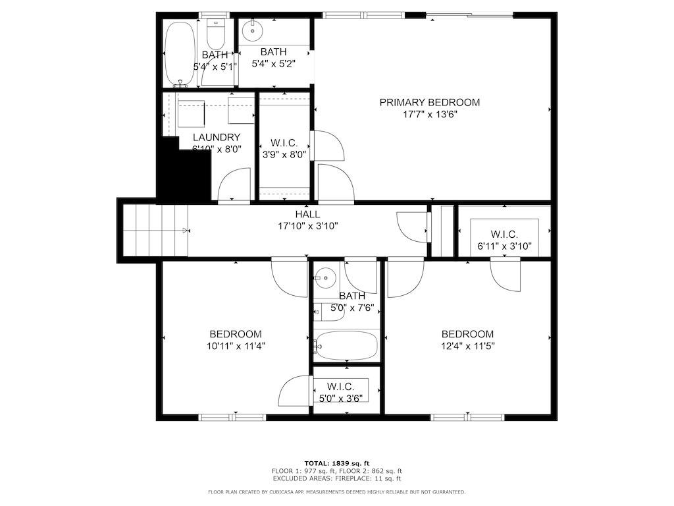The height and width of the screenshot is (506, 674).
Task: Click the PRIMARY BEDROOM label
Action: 429,102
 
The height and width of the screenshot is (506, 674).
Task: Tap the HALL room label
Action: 307,214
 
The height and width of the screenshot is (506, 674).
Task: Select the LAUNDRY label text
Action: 216,137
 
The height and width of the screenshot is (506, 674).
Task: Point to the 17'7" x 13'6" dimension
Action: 429,115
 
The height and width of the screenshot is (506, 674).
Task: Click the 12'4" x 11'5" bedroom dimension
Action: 468,345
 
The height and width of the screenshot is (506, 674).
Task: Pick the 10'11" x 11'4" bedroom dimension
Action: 236,345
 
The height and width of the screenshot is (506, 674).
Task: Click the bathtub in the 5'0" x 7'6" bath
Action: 346,345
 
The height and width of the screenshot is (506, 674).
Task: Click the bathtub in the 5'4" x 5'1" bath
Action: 180,53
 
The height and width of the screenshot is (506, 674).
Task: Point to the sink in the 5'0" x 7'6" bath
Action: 325,278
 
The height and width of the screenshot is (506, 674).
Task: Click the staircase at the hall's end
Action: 155,230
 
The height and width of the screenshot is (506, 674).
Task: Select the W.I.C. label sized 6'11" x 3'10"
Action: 504,235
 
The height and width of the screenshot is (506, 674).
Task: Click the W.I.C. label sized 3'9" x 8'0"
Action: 284,143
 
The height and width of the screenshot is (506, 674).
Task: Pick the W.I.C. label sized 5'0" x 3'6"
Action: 340,386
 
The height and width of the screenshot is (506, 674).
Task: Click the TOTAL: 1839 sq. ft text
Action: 337,463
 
